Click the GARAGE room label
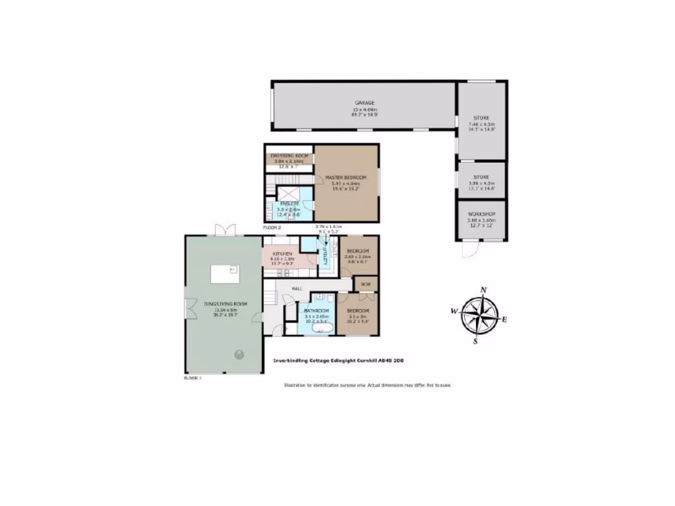tap(365, 103)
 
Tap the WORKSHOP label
tap(482, 215)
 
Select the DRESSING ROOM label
tap(289, 155)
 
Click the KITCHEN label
tap(281, 254)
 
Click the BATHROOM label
tap(316, 310)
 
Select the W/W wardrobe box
tap(366, 285)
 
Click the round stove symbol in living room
tap(237, 354)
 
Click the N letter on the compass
tap(483, 290)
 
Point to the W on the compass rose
tap(454, 311)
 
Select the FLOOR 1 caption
tap(192, 378)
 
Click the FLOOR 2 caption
tap(272, 227)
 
